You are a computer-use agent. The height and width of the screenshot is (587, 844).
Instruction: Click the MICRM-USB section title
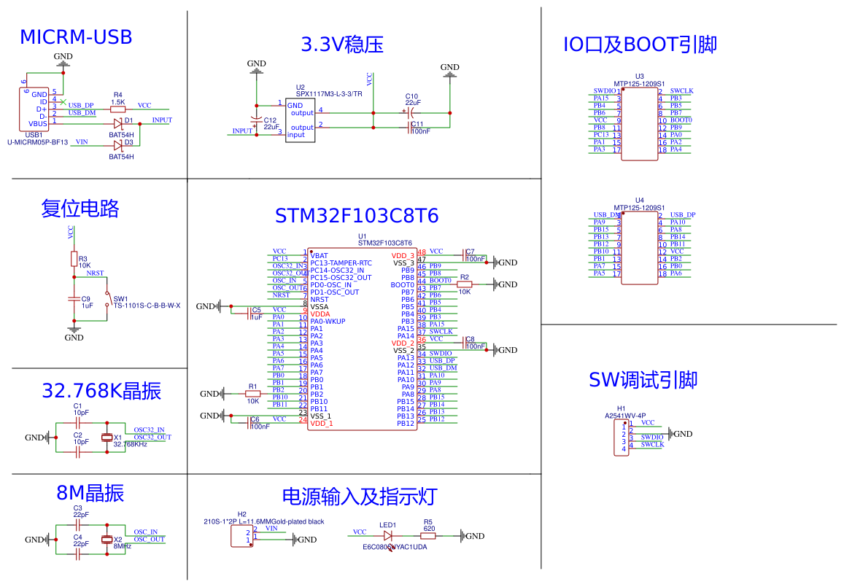pyautogui.click(x=76, y=37)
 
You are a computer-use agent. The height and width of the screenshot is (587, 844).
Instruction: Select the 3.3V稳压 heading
pyautogui.click(x=342, y=44)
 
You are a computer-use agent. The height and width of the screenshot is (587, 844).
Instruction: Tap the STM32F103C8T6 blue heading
pyautogui.click(x=357, y=216)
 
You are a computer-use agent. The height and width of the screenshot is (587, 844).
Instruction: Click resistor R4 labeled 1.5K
pyautogui.click(x=117, y=109)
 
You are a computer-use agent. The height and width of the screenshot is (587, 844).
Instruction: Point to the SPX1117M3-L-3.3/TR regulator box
pyautogui.click(x=300, y=120)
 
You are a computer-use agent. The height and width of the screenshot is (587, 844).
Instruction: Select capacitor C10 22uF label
pyautogui.click(x=412, y=100)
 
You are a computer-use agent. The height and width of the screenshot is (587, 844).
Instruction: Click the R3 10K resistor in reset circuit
pyautogui.click(x=74, y=259)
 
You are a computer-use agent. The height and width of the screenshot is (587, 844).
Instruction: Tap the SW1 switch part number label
pyautogui.click(x=147, y=306)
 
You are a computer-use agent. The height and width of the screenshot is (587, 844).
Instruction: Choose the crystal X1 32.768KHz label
pyautogui.click(x=130, y=443)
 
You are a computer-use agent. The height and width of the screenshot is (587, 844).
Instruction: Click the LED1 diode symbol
pyautogui.click(x=387, y=536)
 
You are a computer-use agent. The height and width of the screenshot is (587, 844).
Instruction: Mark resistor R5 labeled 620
pyautogui.click(x=428, y=536)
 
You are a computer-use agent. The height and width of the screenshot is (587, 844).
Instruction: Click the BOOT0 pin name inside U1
pyautogui.click(x=402, y=285)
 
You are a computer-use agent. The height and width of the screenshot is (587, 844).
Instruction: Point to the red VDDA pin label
pyautogui.click(x=320, y=314)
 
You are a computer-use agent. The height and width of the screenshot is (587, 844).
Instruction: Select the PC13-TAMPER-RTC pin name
pyautogui.click(x=341, y=263)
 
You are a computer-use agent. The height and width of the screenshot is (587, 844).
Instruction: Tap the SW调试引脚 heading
pyautogui.click(x=643, y=380)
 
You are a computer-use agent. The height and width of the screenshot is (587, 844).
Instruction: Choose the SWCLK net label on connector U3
pyautogui.click(x=681, y=91)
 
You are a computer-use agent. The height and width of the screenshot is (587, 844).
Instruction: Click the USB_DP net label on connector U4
pyautogui.click(x=682, y=215)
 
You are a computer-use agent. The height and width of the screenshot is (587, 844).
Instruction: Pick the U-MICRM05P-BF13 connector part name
pyautogui.click(x=37, y=142)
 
